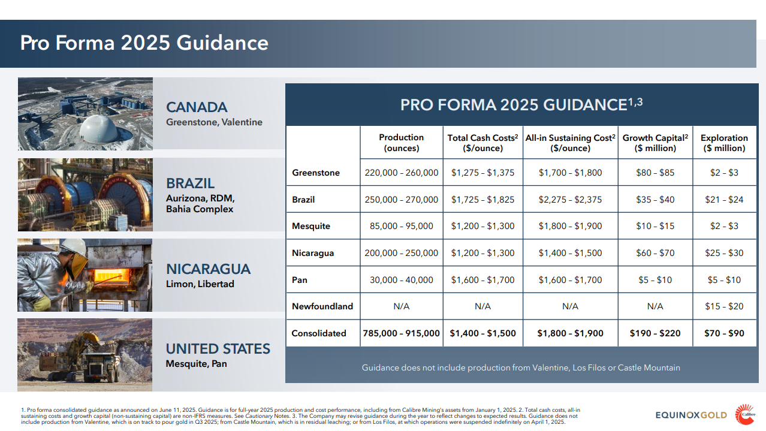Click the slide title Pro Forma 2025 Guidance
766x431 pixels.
pyautogui.click(x=144, y=43)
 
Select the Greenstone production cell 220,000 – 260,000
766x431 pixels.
pyautogui.click(x=401, y=173)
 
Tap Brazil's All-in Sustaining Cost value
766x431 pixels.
pyautogui.click(x=570, y=200)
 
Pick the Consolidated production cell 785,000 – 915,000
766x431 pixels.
pyautogui.click(x=401, y=333)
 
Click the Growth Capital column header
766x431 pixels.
pyautogui.click(x=655, y=143)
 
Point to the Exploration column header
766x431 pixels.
pyautogui.click(x=724, y=143)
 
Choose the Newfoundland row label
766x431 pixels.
pyautogui.click(x=322, y=306)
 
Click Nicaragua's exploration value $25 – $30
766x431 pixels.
pyautogui.click(x=724, y=253)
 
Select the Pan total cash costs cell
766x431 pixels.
pyautogui.click(x=482, y=280)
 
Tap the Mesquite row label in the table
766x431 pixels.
pyautogui.click(x=311, y=226)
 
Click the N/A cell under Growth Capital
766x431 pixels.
pyautogui.click(x=655, y=306)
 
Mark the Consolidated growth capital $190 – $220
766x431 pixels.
pyautogui.click(x=655, y=333)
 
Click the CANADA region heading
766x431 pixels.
pyautogui.click(x=197, y=107)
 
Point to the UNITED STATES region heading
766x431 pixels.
pyautogui.click(x=218, y=349)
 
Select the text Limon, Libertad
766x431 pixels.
pyautogui.click(x=200, y=284)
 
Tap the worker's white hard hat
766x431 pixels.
pyautogui.click(x=74, y=246)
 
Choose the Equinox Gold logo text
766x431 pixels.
pyautogui.click(x=690, y=415)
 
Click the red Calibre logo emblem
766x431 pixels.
pyautogui.click(x=745, y=414)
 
